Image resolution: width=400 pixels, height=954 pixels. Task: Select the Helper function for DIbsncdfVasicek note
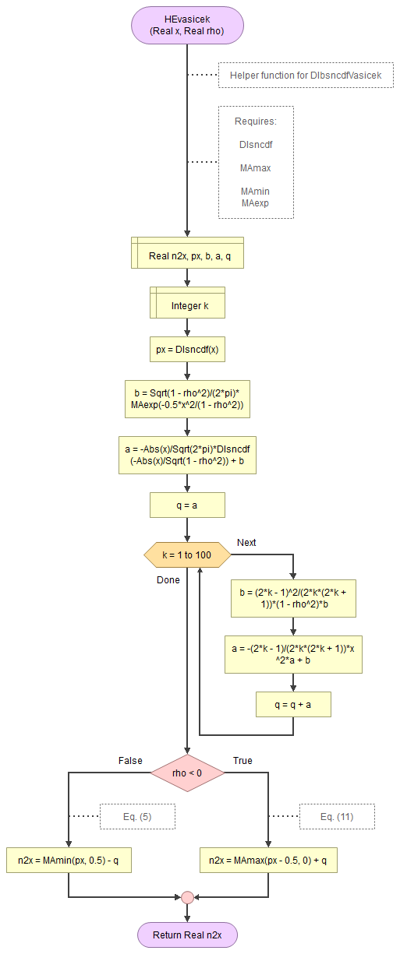tap(305, 76)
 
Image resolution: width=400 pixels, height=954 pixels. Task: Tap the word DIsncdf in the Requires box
tap(255, 144)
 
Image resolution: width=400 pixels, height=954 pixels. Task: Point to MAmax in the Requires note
tap(255, 167)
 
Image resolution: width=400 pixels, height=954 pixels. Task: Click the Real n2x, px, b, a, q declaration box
tap(187, 253)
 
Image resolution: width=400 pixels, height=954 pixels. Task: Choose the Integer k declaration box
tap(187, 303)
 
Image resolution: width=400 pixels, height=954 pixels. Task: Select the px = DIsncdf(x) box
tap(187, 350)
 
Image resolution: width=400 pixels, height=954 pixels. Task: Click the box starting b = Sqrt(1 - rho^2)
tap(187, 399)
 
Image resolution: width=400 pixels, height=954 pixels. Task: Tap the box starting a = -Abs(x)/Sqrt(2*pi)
tap(187, 456)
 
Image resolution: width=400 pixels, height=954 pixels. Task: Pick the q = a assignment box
tap(187, 505)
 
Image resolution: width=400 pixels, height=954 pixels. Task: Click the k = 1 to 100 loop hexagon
tap(187, 555)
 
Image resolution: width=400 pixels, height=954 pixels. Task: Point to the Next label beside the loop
tap(246, 542)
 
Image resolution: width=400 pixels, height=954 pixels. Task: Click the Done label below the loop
tap(168, 579)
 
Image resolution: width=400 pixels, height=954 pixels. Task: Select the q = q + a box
tap(293, 704)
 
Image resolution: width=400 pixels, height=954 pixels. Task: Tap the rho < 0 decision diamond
tap(187, 773)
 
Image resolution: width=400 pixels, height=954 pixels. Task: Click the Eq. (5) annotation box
tap(136, 816)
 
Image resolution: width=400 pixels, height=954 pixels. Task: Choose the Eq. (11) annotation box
tap(337, 816)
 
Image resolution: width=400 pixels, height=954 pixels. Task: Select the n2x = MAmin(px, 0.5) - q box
tap(69, 861)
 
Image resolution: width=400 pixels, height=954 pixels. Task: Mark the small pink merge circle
tap(187, 897)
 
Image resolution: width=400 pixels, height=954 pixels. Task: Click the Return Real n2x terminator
tap(187, 935)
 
